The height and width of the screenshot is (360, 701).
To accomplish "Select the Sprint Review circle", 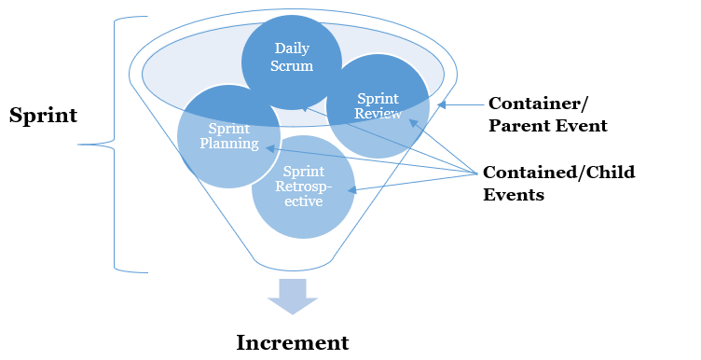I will click(x=378, y=105).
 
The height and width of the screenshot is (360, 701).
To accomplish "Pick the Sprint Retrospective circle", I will click(x=304, y=187).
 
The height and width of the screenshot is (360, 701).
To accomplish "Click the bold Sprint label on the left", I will click(x=43, y=116).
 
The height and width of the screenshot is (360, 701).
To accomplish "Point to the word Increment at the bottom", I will click(x=293, y=342).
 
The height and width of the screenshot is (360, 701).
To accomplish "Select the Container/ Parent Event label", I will click(x=547, y=114).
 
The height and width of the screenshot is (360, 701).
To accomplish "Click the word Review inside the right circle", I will click(x=378, y=114).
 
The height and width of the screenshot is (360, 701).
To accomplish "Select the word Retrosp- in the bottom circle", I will click(x=304, y=187).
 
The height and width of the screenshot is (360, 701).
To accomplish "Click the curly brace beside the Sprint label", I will click(x=114, y=145).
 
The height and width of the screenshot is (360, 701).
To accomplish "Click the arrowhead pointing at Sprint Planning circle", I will click(x=269, y=147).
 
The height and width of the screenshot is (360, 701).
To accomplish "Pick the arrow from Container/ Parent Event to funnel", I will click(x=462, y=105).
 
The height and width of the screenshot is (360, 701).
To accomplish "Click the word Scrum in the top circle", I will click(x=293, y=66).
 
